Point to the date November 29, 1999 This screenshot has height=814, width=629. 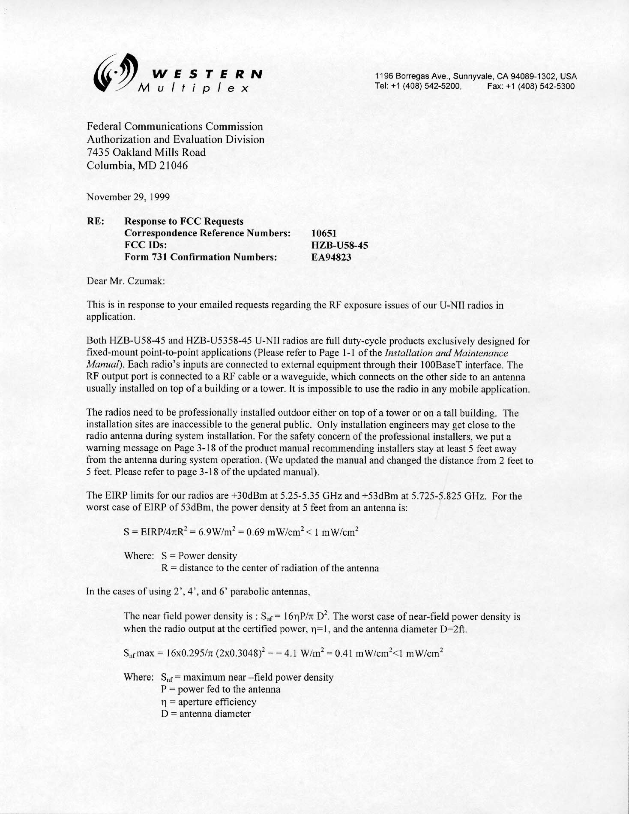click(x=128, y=197)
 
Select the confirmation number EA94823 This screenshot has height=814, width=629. click(x=331, y=257)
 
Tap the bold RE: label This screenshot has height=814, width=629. click(x=95, y=221)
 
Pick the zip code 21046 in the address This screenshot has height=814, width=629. click(x=174, y=166)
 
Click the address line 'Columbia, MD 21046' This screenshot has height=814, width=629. click(x=137, y=166)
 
